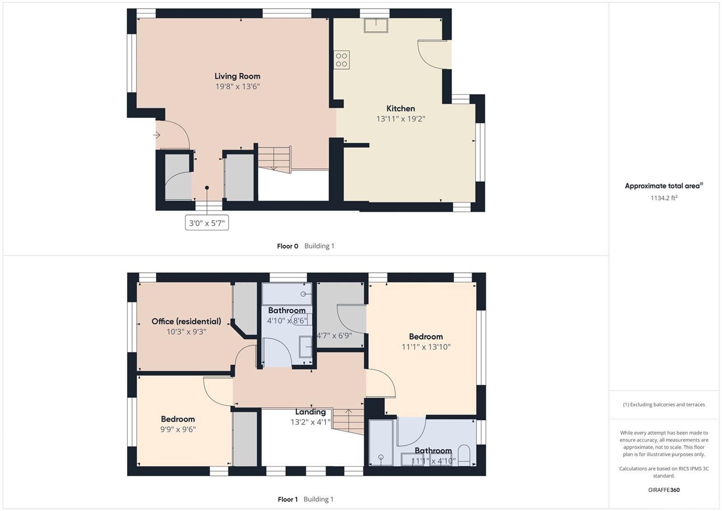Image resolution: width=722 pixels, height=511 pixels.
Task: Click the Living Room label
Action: tap(237, 76)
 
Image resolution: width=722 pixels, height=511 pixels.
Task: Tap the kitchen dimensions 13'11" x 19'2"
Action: tap(401, 119)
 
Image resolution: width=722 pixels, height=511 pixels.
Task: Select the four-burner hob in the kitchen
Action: tap(342, 60)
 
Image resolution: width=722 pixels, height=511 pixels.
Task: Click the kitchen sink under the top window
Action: tap(376, 25)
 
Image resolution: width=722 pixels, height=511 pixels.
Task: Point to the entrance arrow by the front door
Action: tap(157, 135)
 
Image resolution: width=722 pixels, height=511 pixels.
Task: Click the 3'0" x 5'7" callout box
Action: tap(207, 223)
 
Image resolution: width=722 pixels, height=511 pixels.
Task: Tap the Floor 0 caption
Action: tap(287, 246)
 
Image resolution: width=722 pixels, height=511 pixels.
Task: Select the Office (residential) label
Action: tap(186, 322)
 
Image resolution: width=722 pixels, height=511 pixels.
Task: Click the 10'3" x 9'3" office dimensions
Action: tap(186, 332)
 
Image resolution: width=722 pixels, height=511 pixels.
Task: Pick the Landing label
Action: tap(310, 412)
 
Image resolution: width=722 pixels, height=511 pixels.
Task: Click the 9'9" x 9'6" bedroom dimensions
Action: tap(178, 429)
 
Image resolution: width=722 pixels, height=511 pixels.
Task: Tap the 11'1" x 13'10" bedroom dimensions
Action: tap(426, 347)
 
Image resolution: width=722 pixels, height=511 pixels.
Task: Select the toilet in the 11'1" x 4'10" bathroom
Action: tap(464, 455)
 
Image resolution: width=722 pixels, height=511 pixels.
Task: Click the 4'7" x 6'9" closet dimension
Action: tap(334, 336)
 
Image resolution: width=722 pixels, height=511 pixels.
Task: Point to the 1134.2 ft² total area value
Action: tap(664, 198)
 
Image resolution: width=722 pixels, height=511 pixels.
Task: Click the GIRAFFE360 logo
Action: tap(664, 490)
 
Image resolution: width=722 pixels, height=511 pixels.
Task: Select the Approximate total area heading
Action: tap(664, 186)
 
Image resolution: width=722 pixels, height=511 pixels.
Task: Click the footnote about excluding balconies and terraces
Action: tap(664, 404)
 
